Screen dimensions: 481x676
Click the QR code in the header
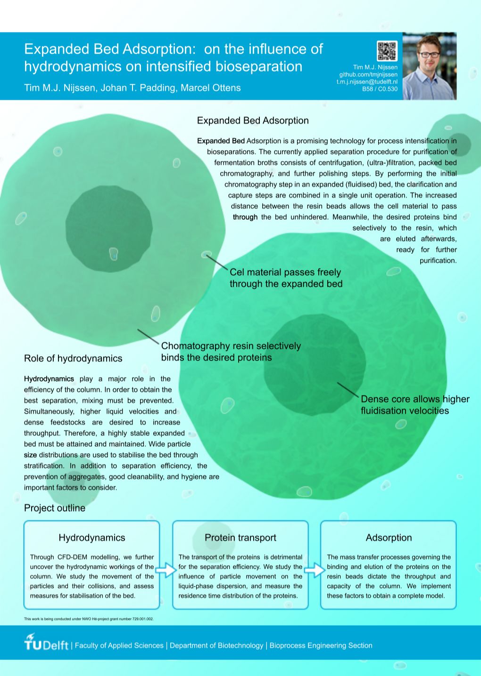pos(387,51)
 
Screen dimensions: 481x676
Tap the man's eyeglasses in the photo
pos(430,55)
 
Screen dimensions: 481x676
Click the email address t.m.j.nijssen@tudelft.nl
pos(367,81)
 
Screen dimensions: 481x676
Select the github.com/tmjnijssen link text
pos(368,74)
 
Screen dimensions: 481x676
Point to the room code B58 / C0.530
pos(380,89)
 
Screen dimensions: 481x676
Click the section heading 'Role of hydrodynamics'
pos(73,358)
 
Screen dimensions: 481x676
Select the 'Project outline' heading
pos(55,508)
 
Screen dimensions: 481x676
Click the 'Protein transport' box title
pos(240,538)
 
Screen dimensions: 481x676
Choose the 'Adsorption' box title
pos(389,538)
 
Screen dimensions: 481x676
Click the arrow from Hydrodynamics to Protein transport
pos(166,570)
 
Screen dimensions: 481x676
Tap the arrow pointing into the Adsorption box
pos(315,570)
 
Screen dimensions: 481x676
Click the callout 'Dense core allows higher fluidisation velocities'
pos(415,405)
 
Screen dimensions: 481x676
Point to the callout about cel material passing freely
pos(286,278)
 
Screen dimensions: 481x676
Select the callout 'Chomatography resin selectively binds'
pos(231,352)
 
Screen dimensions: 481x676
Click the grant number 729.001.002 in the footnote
pos(143,619)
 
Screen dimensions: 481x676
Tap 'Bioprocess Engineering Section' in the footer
pos(321,645)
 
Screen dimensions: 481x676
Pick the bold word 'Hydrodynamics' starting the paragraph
pos(49,379)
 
